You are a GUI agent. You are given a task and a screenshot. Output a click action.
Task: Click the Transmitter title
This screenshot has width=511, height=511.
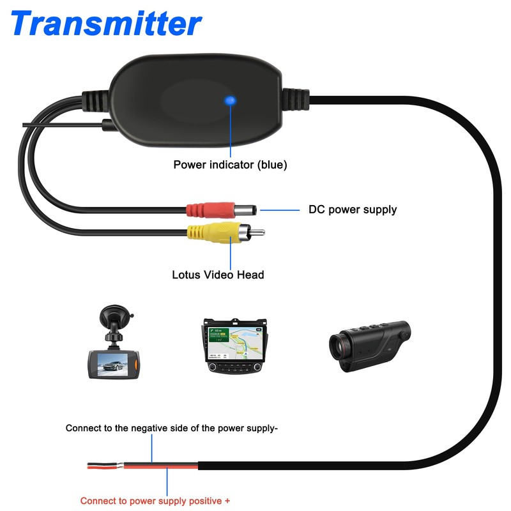(106, 24)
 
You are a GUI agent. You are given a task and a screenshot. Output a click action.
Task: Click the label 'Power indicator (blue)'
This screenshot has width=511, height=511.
(230, 165)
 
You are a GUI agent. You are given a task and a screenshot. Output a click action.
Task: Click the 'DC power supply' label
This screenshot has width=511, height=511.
(353, 210)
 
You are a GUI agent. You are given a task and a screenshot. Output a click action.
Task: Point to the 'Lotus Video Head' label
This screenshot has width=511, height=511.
(218, 275)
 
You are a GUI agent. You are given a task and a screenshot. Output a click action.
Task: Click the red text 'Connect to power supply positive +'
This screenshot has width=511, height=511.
(155, 501)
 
